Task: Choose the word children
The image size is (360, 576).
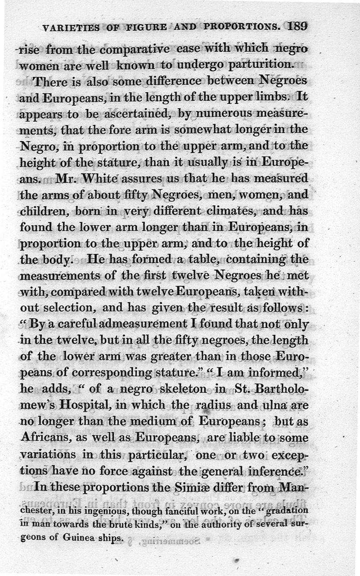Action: point(39,211)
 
